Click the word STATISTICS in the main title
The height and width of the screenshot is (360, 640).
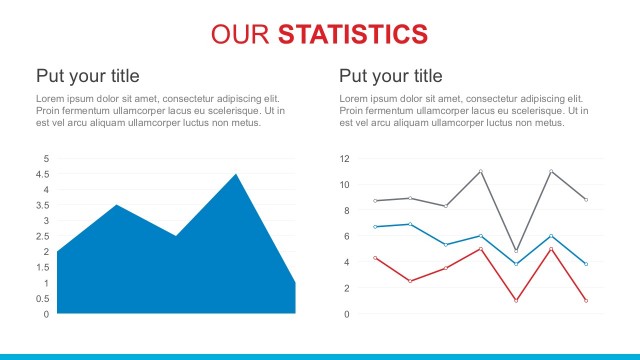tap(353, 34)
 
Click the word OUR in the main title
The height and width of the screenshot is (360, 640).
tap(241, 34)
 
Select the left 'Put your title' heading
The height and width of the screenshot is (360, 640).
tap(87, 76)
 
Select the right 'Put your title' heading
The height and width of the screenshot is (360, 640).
tap(390, 76)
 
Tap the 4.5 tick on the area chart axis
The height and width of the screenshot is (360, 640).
tap(43, 174)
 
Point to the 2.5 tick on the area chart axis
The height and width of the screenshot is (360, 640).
tap(43, 236)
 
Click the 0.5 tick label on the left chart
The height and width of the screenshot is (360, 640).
tap(43, 298)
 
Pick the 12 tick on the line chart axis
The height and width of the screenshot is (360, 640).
tap(344, 159)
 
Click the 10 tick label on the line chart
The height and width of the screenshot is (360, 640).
tap(344, 185)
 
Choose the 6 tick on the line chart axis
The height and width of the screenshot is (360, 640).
tap(346, 236)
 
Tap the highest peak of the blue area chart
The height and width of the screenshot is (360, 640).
tap(236, 175)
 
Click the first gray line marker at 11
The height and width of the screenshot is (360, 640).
tap(480, 171)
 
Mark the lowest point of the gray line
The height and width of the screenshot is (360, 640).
tap(516, 250)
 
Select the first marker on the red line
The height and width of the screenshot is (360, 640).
tap(375, 258)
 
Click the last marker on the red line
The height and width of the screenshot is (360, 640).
tap(586, 301)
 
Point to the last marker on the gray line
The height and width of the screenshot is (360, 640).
tap(586, 200)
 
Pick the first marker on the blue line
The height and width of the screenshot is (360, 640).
tap(375, 227)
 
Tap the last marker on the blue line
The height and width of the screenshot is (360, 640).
tap(586, 264)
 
